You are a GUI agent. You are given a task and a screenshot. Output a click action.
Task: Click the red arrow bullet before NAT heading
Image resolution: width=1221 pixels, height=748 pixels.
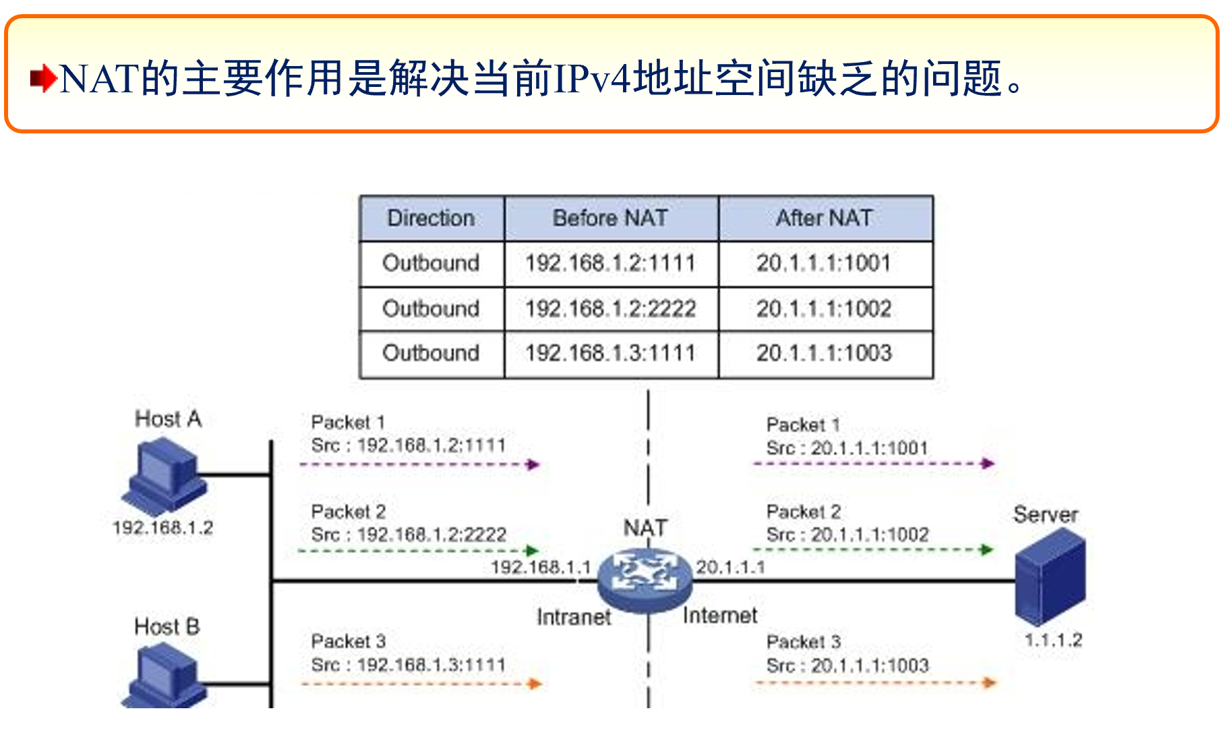pos(43,79)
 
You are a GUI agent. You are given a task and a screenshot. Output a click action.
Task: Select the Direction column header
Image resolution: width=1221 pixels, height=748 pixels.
pos(431,218)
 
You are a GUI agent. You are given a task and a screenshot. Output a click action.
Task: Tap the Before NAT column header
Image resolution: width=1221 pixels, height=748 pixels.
pos(611,218)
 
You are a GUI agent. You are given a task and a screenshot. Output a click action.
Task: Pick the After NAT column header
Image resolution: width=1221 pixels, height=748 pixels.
pos(825,218)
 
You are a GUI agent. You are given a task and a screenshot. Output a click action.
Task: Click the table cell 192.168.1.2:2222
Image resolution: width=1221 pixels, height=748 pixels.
pos(611,309)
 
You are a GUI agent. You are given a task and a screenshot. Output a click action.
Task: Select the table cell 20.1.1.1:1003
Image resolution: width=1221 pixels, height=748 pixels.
pos(824,353)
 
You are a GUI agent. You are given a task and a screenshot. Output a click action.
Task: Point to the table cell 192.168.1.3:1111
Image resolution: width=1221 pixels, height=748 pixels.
pos(611,353)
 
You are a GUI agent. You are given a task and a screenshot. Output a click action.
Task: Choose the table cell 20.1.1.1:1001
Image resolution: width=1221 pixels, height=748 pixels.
pos(824,263)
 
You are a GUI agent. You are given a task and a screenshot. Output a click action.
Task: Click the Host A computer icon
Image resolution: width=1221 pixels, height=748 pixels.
pos(164,476)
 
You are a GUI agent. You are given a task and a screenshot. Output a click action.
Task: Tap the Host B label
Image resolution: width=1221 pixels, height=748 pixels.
pos(167,627)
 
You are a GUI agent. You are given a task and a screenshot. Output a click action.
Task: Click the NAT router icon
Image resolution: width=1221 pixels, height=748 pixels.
pos(645,578)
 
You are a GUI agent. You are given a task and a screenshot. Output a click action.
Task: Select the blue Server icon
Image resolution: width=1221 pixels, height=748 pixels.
pos(1050,577)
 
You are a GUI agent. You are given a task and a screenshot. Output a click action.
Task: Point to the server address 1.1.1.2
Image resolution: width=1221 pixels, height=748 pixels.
pos(1053,640)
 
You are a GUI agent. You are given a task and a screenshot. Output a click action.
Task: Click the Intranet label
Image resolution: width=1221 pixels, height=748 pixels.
pos(574,617)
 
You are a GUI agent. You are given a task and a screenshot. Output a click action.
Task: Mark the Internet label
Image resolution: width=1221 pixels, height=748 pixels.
pos(720,615)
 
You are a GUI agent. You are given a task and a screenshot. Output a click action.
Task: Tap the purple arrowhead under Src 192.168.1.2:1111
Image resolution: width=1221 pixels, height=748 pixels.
pos(533,464)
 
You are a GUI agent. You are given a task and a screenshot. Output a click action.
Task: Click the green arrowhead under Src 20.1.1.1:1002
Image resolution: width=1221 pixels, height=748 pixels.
pos(987,550)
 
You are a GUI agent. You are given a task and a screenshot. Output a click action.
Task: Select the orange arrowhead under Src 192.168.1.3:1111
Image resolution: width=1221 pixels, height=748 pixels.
pos(535,684)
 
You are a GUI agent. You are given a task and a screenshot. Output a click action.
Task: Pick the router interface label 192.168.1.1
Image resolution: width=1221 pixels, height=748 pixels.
pos(541,567)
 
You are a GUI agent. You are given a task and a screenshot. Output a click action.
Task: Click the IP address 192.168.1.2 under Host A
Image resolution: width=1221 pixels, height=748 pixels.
pos(163,528)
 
